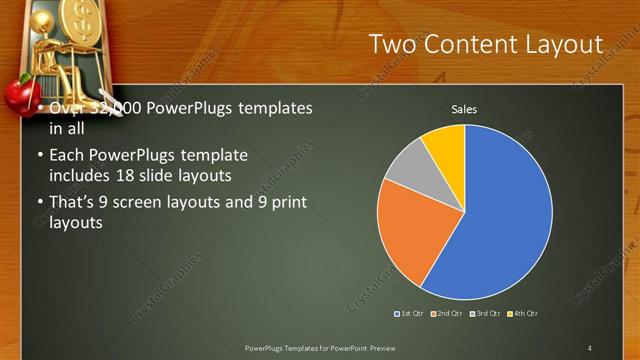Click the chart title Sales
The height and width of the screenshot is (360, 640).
click(x=464, y=108)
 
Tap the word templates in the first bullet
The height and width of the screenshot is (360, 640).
click(x=272, y=108)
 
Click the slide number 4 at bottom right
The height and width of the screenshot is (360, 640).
click(x=590, y=348)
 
